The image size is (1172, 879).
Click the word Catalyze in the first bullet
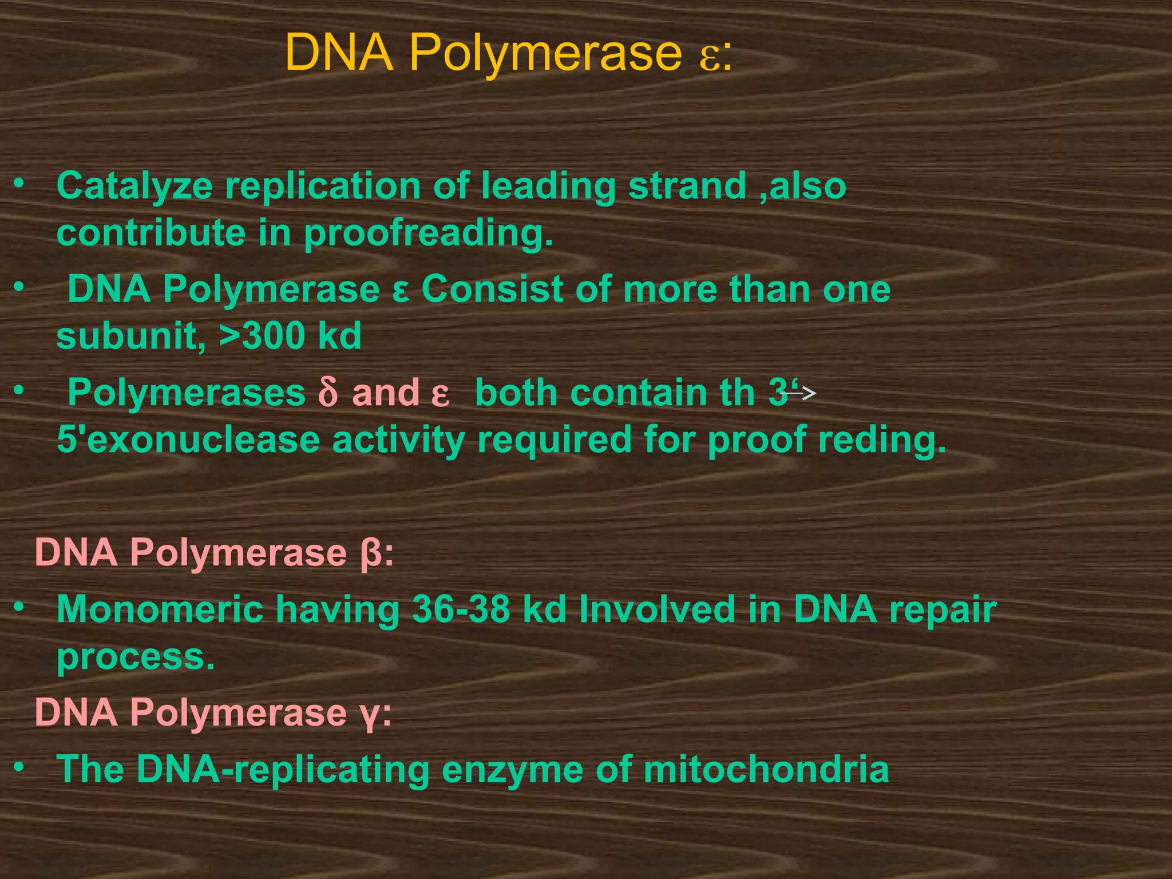pyautogui.click(x=134, y=187)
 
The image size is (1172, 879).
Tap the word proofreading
pyautogui.click(x=429, y=234)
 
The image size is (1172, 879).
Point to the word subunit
pyautogui.click(x=130, y=336)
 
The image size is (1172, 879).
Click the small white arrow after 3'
pyautogui.click(x=801, y=393)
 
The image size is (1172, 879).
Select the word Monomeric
pyautogui.click(x=160, y=609)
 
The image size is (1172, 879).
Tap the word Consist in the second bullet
pyautogui.click(x=492, y=290)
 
